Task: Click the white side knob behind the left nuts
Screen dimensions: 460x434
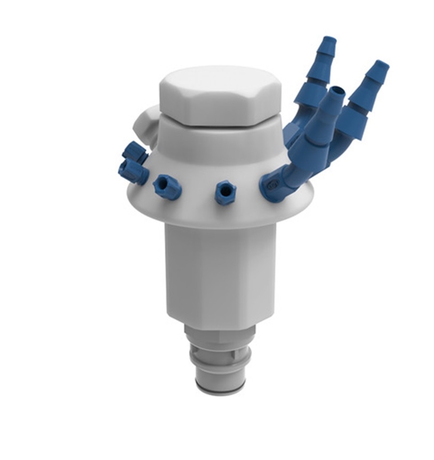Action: point(145,124)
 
